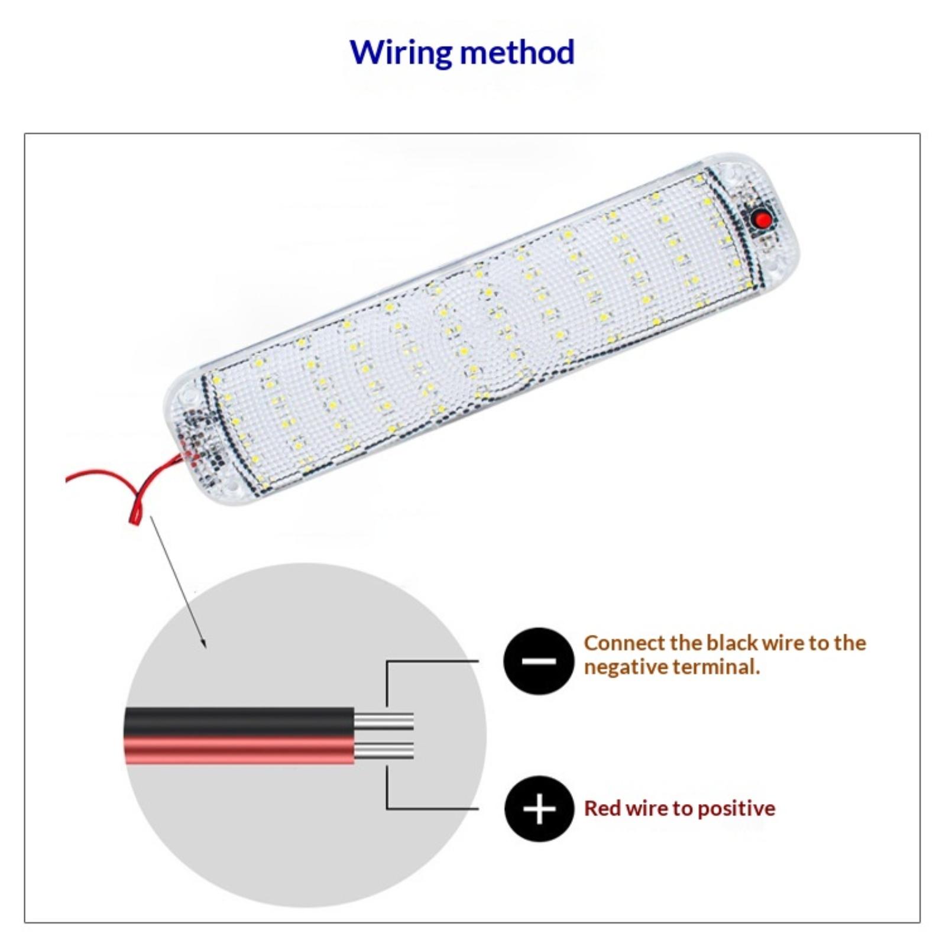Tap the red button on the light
763,221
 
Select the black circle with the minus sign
539,660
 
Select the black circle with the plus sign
539,808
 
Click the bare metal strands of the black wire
384,722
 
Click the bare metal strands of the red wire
384,751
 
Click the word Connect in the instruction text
624,643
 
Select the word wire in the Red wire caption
646,808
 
